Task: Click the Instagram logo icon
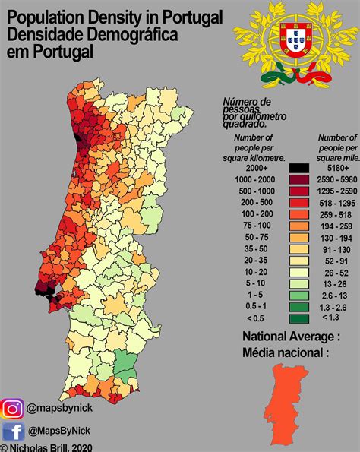[x=13, y=410]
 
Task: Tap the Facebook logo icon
[x=13, y=432]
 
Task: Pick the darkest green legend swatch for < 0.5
[x=298, y=318]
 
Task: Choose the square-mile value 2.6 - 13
[x=334, y=295]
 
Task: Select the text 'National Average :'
[x=291, y=337]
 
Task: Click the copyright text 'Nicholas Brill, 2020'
[x=50, y=447]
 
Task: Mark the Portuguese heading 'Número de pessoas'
[x=246, y=106]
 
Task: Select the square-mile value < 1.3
[x=334, y=318]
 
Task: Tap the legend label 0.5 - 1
[x=256, y=306]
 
